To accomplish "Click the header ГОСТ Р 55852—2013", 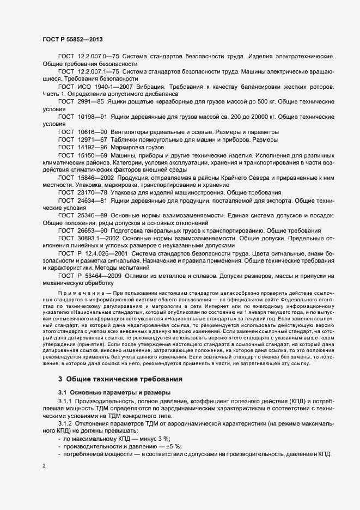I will (x=71, y=39).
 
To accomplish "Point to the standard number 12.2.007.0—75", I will (x=97, y=57).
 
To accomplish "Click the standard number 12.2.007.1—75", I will (x=97, y=71).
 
